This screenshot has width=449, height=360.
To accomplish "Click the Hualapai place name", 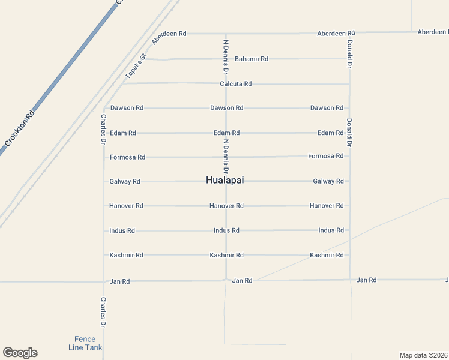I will (225, 181).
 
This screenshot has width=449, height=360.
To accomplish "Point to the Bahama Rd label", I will (251, 59).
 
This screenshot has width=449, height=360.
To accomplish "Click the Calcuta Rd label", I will (235, 84).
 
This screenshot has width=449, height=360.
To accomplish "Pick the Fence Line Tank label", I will (85, 343).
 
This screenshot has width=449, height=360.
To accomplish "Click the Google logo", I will (20, 353).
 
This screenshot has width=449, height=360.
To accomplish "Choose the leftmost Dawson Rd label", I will (127, 108).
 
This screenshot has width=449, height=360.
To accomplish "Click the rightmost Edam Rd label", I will (330, 133).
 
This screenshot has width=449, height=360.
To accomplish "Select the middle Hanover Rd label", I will (226, 206).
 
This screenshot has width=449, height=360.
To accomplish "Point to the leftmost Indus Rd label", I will (122, 230).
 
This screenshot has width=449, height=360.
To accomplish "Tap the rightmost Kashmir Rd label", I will (327, 255).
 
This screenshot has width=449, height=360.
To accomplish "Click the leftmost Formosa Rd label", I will (127, 157).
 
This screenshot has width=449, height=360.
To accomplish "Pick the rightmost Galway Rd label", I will (328, 181).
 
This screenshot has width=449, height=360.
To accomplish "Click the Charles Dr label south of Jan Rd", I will (103, 312).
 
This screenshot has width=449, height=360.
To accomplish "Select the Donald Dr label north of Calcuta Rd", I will (349, 54).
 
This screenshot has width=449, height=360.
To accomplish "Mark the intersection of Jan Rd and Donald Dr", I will (351, 280).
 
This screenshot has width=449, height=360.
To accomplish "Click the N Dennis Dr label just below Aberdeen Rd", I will (226, 57).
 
